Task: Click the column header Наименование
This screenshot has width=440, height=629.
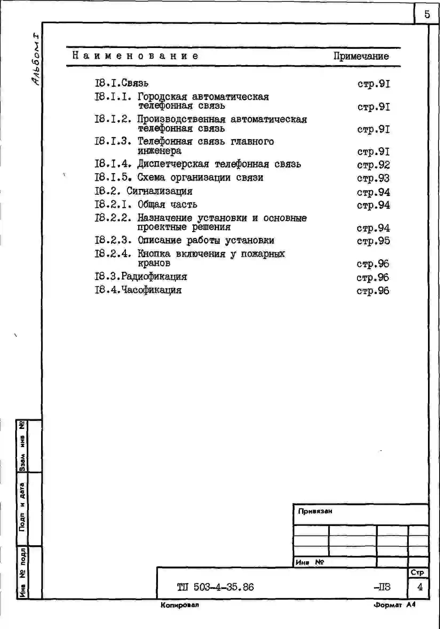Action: tap(135, 56)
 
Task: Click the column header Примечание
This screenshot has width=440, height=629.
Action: tap(361, 56)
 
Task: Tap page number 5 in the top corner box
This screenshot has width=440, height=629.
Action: tap(427, 14)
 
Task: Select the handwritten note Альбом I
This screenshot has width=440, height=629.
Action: tap(35, 59)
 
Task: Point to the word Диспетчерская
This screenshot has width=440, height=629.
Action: tap(173, 164)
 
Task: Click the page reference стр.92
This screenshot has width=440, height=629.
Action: tap(373, 165)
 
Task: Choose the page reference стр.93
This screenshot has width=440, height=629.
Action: tap(373, 178)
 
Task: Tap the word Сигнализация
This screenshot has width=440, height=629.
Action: tap(160, 191)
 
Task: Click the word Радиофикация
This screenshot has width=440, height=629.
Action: tap(154, 276)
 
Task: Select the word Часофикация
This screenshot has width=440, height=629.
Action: tap(151, 290)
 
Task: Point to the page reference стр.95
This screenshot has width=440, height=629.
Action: tap(373, 241)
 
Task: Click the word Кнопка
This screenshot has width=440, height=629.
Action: tap(154, 254)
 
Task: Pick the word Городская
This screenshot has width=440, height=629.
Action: tap(162, 97)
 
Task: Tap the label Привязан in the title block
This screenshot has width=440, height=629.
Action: tap(315, 511)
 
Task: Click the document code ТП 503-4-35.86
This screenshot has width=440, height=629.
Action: tap(215, 587)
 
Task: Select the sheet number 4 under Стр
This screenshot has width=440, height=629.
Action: tap(420, 587)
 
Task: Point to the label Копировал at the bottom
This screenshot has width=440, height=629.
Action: tap(180, 605)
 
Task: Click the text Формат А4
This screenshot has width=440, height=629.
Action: tap(395, 605)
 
